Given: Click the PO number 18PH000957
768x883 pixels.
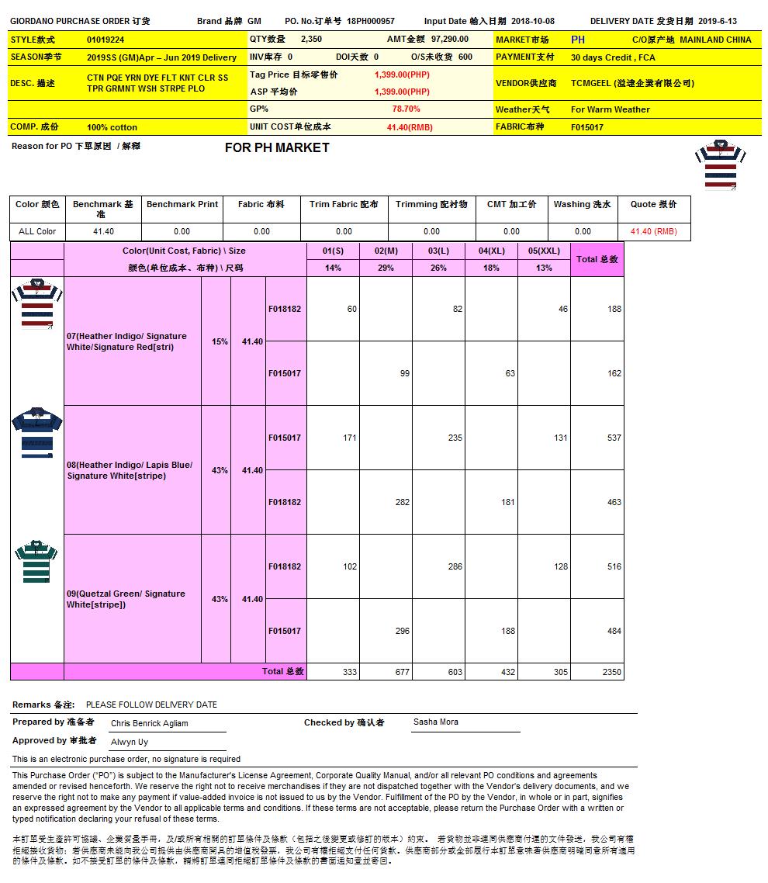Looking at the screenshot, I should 371,22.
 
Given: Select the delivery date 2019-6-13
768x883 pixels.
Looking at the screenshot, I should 718,22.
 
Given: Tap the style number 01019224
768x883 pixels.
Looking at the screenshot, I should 106,40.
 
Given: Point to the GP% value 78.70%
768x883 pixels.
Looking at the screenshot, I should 406,109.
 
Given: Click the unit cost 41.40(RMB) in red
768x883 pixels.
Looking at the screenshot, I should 410,127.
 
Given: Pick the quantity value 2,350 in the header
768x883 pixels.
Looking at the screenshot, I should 311,39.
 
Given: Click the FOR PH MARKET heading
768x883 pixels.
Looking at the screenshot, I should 277,148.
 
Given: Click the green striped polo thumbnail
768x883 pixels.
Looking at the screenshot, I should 36,561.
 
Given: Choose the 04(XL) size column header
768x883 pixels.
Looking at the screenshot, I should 491,251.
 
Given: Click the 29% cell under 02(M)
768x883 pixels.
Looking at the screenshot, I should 386,268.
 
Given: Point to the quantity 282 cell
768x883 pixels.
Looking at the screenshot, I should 402,502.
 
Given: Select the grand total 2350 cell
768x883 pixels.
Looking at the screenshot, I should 612,672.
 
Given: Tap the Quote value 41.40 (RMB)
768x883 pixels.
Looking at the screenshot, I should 653,231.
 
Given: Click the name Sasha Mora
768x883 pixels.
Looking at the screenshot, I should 435,722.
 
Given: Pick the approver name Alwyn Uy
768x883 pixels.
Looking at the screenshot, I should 129,742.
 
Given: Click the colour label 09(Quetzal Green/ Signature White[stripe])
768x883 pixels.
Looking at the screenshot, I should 126,599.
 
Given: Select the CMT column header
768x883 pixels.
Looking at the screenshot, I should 511,205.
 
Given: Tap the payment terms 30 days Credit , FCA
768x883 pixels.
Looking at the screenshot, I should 612,57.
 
